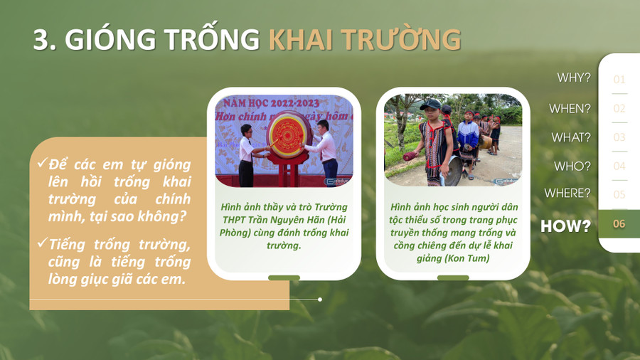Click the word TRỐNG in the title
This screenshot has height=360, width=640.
point(212,39)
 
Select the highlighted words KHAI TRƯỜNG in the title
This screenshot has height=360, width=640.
point(365,39)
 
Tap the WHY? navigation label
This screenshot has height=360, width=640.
point(574,78)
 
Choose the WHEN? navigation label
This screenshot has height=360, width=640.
point(570,109)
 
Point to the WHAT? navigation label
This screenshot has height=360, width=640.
point(571,137)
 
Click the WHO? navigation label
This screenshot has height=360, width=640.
point(572,166)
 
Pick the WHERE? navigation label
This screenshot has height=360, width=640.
point(567,193)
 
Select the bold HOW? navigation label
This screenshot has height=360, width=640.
point(566,226)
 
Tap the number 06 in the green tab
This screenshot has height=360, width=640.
point(619,223)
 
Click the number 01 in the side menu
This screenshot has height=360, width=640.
point(619,79)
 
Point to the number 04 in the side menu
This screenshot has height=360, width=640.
point(619,166)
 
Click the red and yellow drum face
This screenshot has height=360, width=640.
point(287,135)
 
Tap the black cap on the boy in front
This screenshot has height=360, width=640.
point(430,105)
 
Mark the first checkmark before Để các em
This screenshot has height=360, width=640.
point(43,163)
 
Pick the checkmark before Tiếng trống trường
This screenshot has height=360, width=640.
point(43,243)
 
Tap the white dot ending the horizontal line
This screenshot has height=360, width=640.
point(320,300)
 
